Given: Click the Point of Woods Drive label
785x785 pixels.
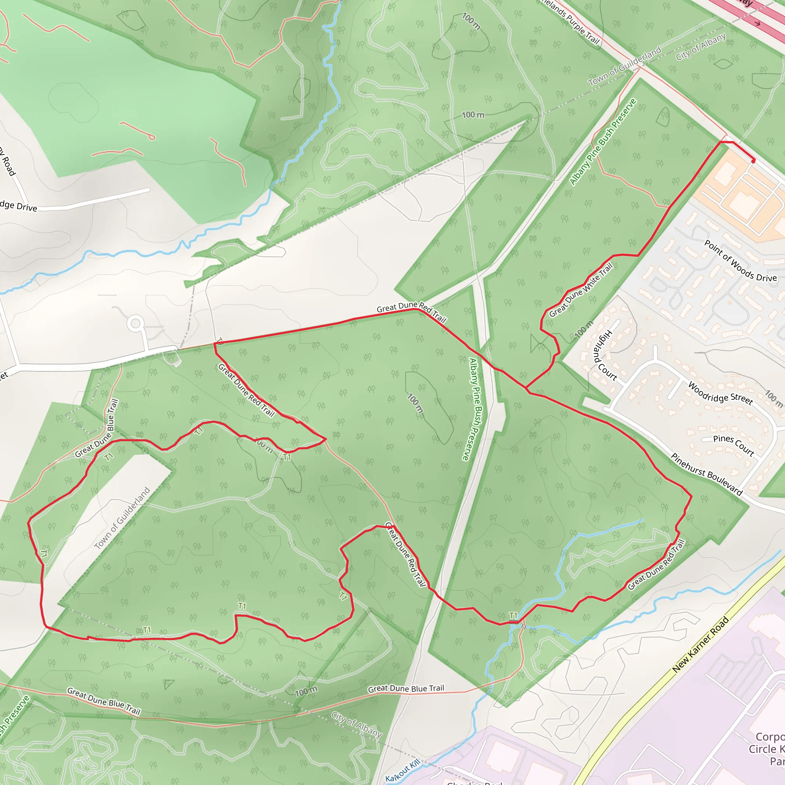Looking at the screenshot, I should [740, 260].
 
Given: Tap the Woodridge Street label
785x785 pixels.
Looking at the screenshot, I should [720, 392].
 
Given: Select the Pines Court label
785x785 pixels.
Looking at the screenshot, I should [733, 445].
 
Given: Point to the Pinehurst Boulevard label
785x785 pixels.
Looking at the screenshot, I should [706, 474].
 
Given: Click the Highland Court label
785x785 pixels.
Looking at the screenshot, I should [605, 355].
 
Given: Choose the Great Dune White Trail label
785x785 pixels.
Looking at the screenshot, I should [581, 290].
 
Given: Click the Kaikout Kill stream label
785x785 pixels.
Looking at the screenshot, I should [403, 770].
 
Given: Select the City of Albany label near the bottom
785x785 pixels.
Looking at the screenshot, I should [356, 724].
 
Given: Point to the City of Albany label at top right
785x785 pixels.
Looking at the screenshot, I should [701, 47].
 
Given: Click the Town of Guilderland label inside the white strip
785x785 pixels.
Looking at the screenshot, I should [122, 518].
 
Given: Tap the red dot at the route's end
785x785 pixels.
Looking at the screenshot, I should [753, 161].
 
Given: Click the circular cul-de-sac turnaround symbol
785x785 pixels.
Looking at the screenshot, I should [135, 324].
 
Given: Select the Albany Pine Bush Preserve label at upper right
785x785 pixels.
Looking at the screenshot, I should [603, 142].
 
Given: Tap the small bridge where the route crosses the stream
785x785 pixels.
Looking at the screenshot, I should [514, 622].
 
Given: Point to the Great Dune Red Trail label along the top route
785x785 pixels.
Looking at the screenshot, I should [411, 312].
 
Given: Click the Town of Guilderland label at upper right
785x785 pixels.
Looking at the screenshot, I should [624, 66].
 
